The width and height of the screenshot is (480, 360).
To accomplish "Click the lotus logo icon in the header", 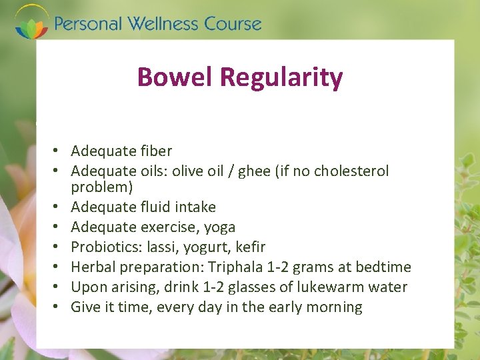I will (x=31, y=23).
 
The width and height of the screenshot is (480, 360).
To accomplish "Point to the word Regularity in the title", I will (x=281, y=77).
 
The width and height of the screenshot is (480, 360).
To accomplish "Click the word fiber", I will (x=155, y=151).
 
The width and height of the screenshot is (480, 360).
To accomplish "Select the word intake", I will (x=195, y=207).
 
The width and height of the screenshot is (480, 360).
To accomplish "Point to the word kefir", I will (x=251, y=247).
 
